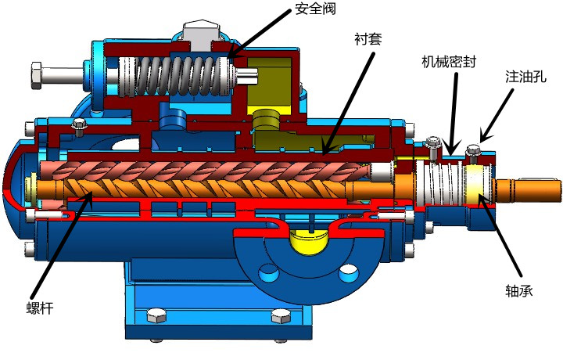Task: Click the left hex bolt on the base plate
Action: (x=155, y=316)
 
